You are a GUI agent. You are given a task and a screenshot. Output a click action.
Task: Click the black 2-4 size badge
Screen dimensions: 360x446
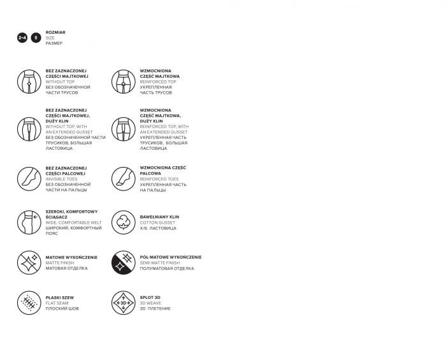22,38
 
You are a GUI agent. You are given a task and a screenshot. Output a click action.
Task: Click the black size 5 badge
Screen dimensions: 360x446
36,38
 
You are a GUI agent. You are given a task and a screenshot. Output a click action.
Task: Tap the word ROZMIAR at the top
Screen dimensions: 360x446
55,32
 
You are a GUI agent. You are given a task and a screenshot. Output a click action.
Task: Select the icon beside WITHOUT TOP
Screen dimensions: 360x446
29,81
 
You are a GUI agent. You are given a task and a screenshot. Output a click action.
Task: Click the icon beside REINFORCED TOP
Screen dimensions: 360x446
124,81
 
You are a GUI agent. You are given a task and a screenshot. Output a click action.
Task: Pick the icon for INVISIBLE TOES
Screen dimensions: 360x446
29,178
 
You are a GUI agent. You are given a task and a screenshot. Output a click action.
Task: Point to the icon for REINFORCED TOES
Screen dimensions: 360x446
124,178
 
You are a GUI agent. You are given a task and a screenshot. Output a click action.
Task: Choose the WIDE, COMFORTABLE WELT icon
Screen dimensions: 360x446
29,222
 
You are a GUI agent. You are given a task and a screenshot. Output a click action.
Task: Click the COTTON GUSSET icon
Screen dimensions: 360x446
124,222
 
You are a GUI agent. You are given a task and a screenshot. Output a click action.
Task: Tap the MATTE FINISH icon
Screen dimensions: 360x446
29,263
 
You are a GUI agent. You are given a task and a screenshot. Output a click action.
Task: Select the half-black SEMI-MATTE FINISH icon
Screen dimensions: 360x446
124,263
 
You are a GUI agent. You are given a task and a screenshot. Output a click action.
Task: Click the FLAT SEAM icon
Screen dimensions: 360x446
29,303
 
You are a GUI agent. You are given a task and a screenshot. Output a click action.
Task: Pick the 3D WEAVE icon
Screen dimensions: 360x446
124,303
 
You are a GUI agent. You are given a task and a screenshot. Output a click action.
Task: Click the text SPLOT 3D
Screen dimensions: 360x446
150,298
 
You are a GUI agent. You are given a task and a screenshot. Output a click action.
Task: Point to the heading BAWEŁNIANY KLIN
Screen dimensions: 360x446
159,217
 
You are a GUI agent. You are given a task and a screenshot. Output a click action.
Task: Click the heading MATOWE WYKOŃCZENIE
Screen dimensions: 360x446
71,257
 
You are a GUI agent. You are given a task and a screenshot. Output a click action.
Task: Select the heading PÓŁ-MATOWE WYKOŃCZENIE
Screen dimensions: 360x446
170,257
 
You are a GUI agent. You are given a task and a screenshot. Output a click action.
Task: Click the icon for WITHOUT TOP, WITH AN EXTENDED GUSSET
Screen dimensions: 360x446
29,129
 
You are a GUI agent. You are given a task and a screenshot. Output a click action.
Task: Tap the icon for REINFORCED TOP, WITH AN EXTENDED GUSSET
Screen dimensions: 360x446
124,129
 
